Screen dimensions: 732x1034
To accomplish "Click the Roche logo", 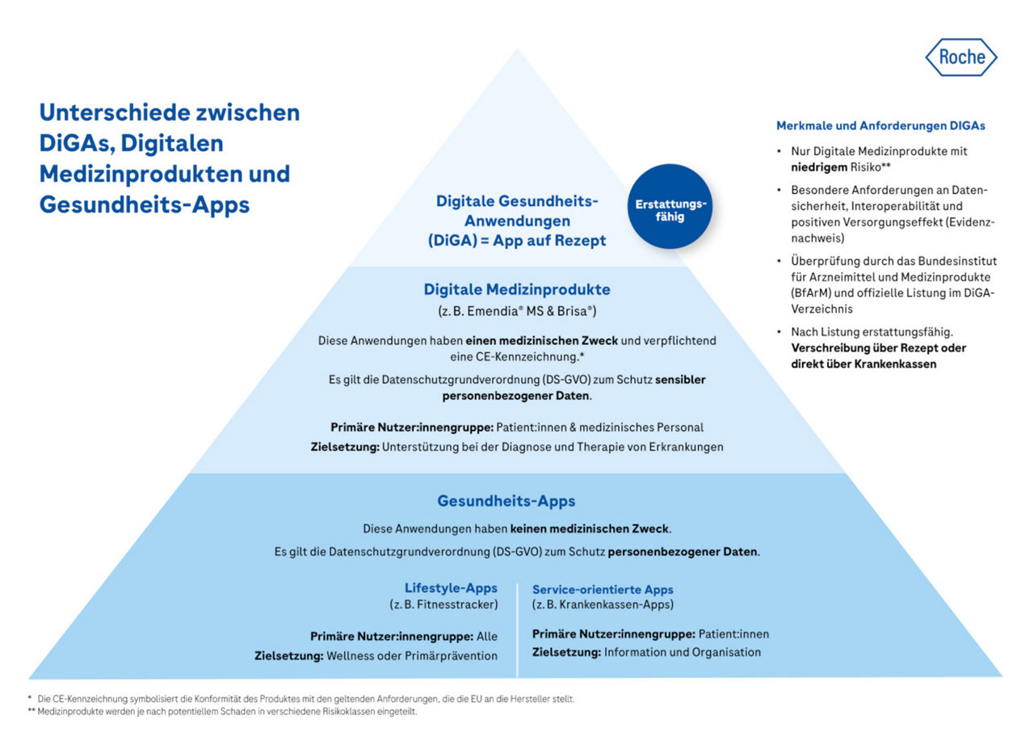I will (960, 57).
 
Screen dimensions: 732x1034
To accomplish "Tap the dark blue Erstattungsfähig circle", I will (670, 205).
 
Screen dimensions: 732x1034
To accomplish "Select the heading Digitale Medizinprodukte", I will (517, 289).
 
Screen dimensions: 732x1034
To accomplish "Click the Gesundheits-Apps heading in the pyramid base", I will (506, 501).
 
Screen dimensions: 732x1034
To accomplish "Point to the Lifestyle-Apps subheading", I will (451, 588).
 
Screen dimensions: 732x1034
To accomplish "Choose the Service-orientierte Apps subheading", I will (603, 590).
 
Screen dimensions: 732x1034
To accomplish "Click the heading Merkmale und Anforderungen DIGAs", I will (881, 126).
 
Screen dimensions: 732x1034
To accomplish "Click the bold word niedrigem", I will (819, 166).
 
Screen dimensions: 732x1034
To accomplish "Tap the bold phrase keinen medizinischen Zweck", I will (589, 529).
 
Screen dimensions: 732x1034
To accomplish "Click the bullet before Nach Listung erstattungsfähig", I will (778, 332).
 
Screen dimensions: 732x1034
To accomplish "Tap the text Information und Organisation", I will (682, 652).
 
